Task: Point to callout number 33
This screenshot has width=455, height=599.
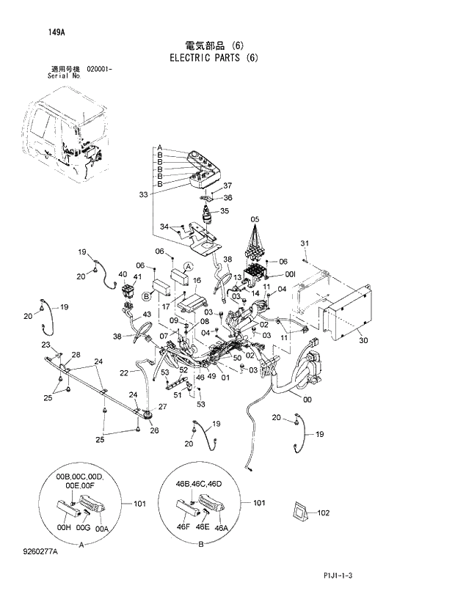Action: [x=142, y=194]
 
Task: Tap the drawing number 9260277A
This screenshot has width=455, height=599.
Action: [x=41, y=572]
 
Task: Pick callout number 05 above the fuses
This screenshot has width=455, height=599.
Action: [x=255, y=220]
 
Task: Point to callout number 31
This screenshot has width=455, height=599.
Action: [x=305, y=243]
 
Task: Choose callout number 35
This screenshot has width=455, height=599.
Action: [x=224, y=211]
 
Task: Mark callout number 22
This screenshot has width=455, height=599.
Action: [x=124, y=373]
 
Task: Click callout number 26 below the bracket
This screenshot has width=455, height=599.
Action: [x=154, y=430]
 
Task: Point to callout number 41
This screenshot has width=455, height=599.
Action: [x=137, y=276]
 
